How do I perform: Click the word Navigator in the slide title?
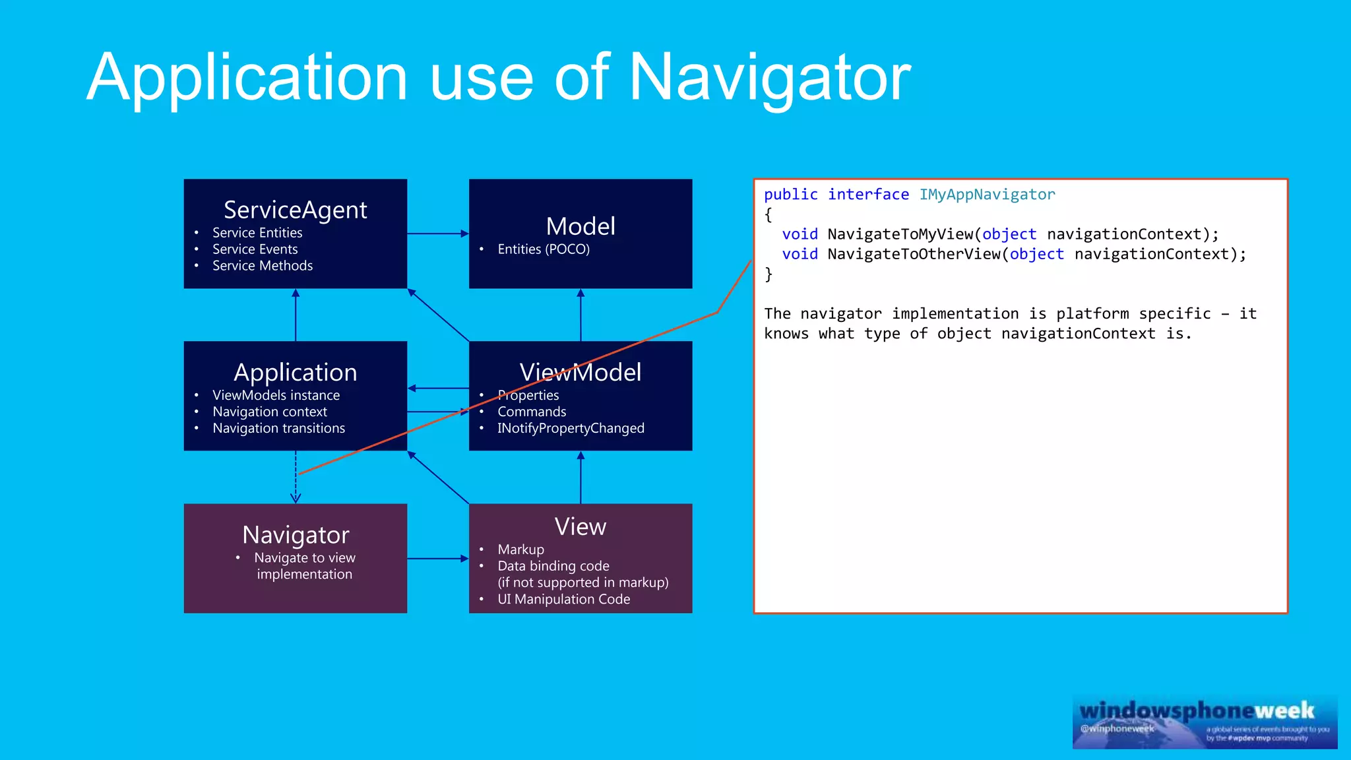click(769, 78)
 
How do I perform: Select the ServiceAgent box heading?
click(295, 210)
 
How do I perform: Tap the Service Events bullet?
click(255, 249)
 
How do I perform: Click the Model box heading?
click(581, 226)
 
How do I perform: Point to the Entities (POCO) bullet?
click(543, 249)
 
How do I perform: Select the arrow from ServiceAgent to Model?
click(437, 234)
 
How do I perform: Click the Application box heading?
click(295, 372)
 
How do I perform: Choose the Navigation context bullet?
click(269, 412)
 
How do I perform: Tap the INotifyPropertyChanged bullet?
click(570, 428)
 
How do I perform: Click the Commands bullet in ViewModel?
click(532, 412)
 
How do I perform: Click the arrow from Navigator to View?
click(437, 559)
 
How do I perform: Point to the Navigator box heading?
click(295, 534)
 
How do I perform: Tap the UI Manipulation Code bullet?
click(563, 599)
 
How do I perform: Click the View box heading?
click(580, 526)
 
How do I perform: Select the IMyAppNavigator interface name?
click(987, 195)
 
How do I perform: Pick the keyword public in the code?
click(790, 195)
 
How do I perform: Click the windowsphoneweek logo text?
click(1197, 711)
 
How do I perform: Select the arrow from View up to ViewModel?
click(581, 477)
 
